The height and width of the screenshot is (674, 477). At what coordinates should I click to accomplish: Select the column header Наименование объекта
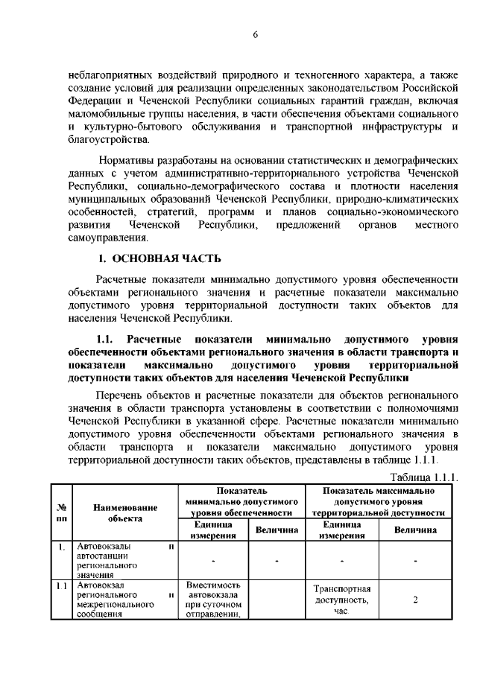124,512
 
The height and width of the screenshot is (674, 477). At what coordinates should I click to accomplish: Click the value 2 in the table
415,600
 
